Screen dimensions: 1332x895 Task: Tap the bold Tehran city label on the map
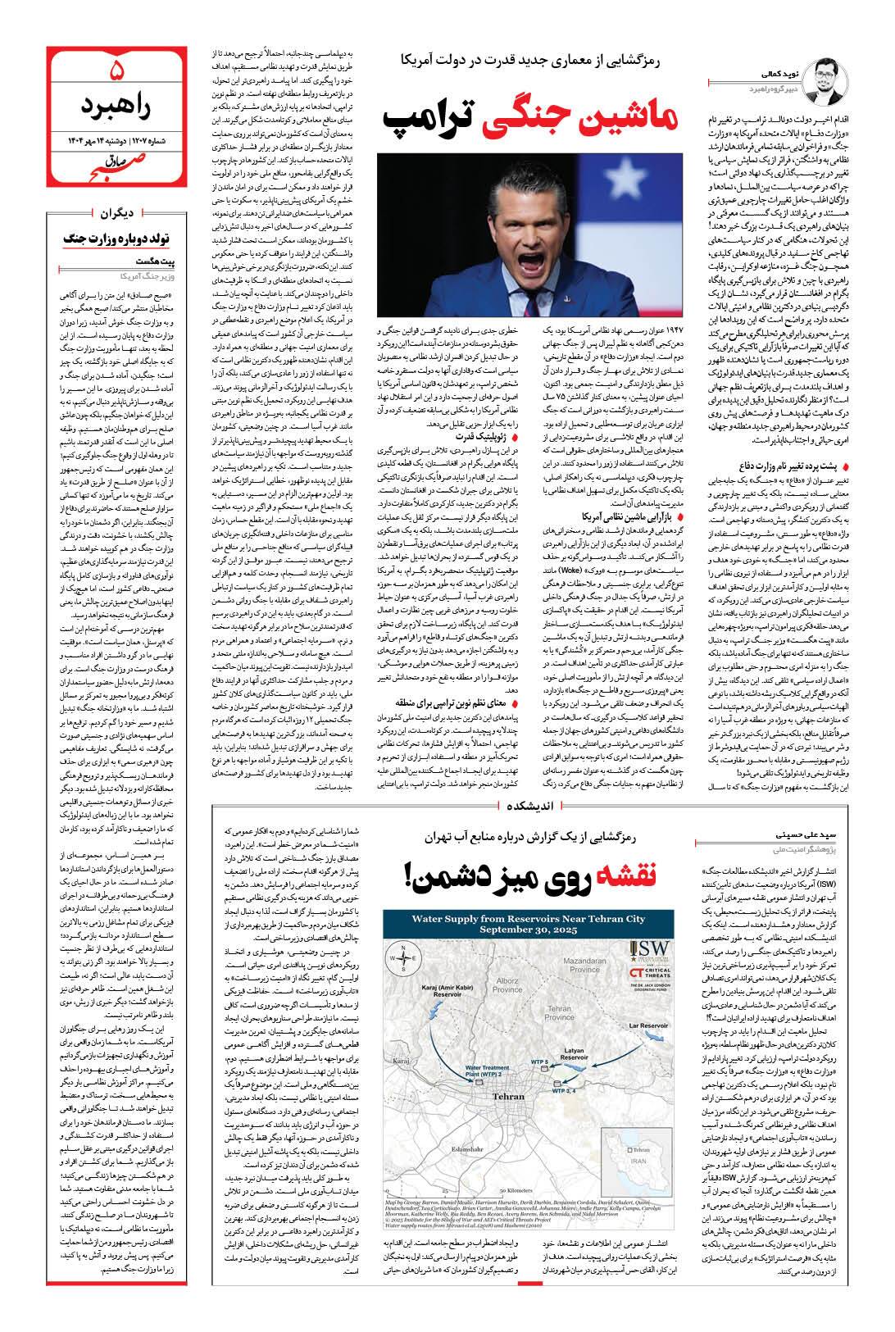click(x=510, y=1095)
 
